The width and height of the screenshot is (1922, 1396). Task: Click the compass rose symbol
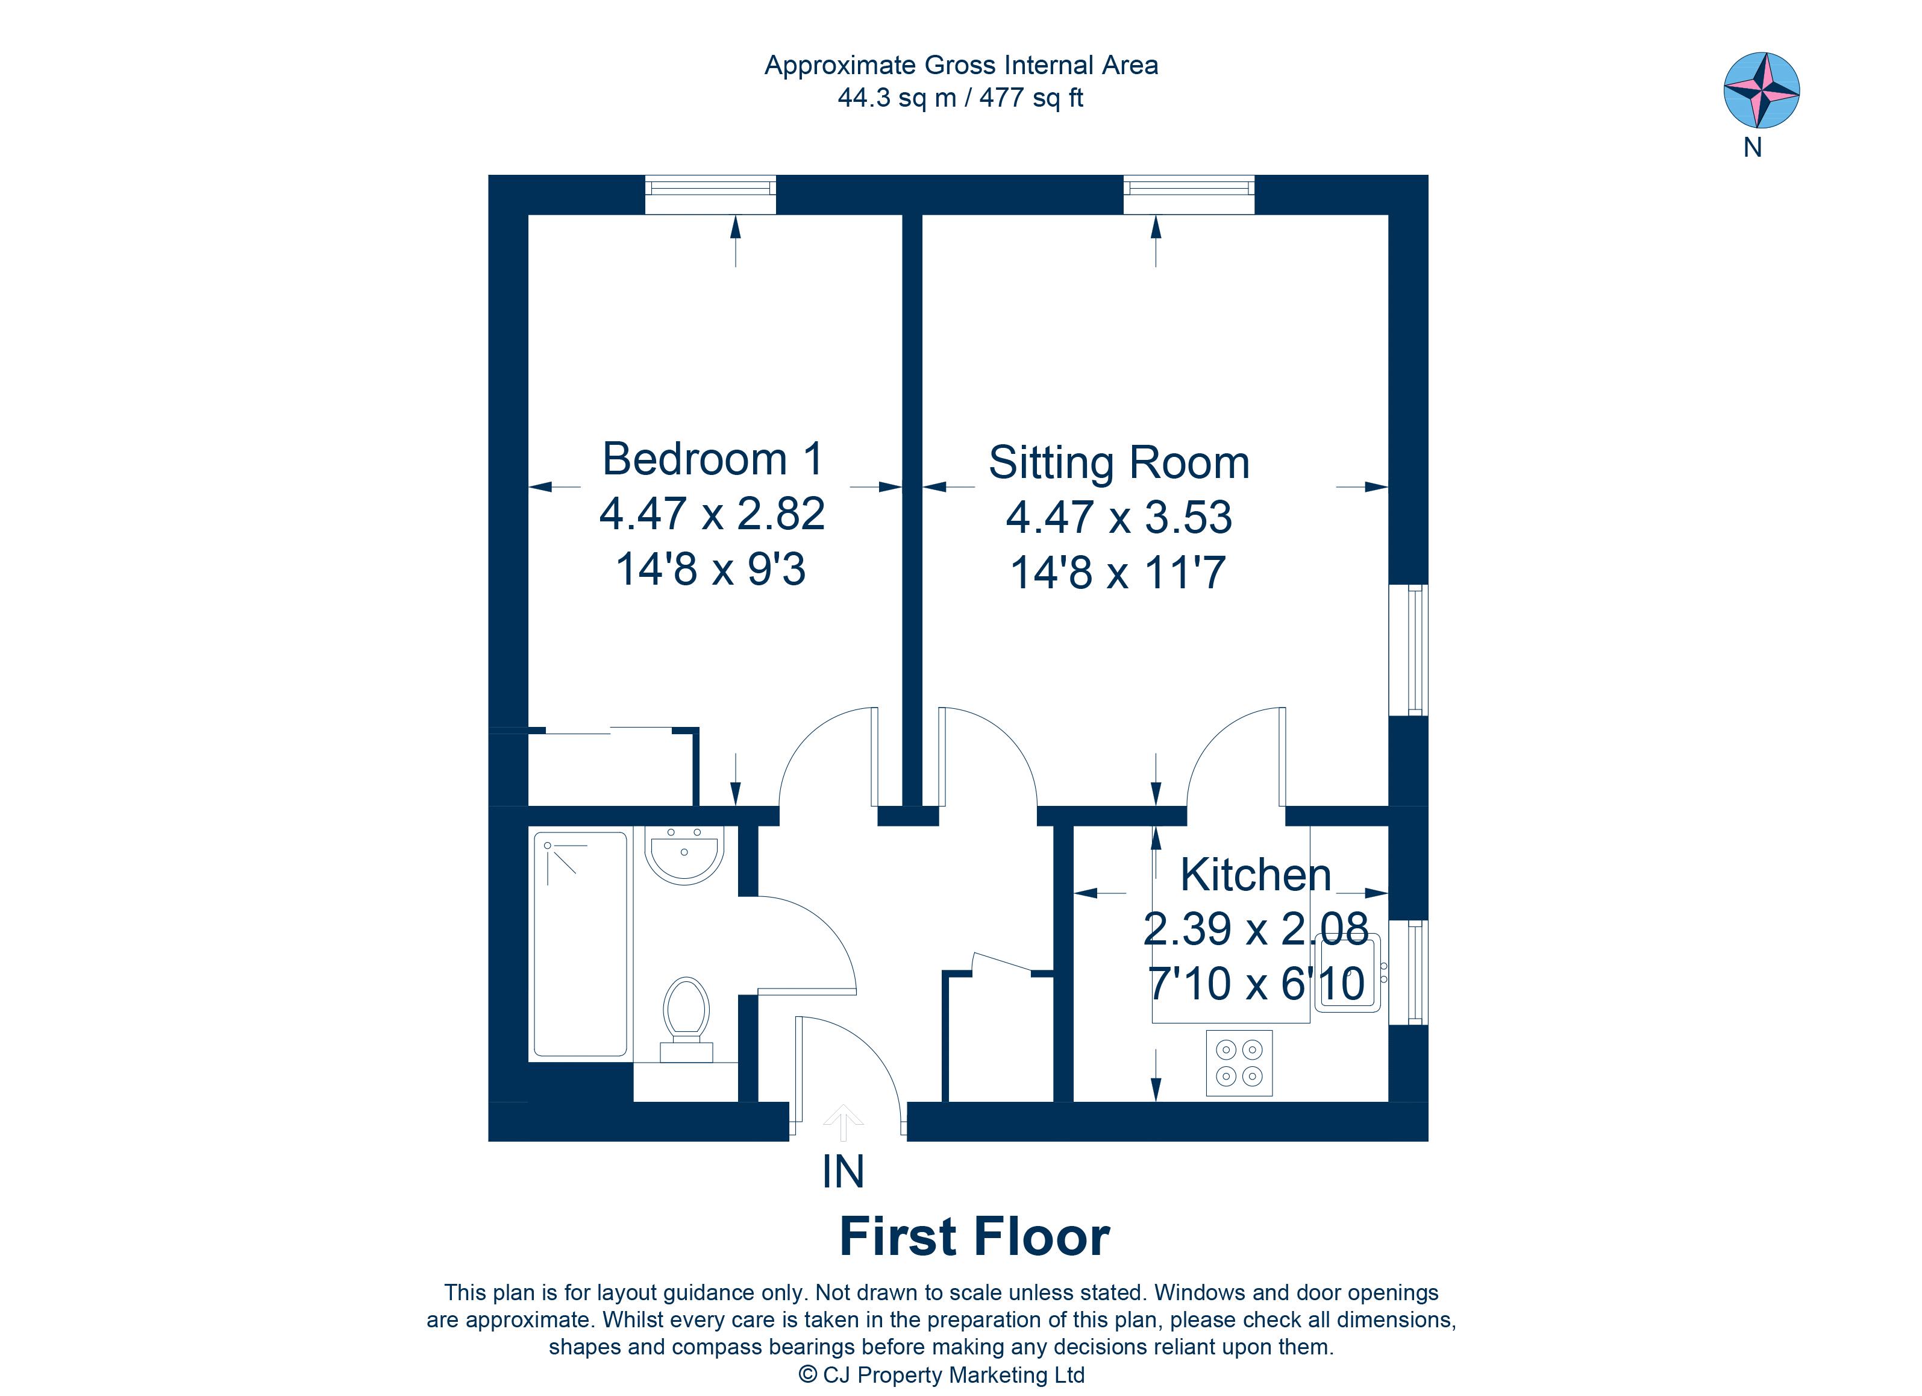pos(1761,90)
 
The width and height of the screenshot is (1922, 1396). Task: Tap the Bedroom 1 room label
pos(712,459)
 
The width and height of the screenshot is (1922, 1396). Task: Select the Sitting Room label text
pos(1119,463)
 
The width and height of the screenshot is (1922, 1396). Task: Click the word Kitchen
pos(1255,875)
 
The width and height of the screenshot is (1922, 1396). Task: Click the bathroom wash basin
pos(684,854)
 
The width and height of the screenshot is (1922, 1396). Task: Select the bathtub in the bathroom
pos(580,943)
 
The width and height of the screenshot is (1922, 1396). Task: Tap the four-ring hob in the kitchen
pos(1239,1063)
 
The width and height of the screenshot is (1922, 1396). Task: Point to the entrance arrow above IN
pos(842,1123)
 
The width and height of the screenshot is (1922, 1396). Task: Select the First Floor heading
pos(974,1237)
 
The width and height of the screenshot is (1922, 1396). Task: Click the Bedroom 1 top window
pos(710,195)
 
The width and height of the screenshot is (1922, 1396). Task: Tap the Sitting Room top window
pos(1188,195)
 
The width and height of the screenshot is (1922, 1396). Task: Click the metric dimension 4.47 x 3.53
pos(1119,517)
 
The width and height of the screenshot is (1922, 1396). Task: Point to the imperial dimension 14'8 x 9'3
pos(710,569)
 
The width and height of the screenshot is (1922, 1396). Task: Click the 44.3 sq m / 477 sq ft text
pos(960,98)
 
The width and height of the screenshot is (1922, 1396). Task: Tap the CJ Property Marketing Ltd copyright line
pos(942,1375)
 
